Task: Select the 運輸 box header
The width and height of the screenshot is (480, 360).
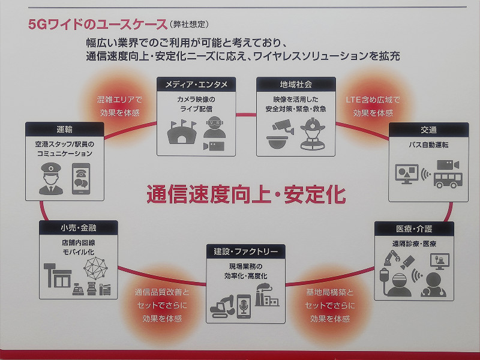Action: click(x=65, y=130)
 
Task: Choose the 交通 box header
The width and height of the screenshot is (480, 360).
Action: click(x=428, y=130)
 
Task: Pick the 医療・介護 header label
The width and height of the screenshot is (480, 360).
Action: click(x=414, y=229)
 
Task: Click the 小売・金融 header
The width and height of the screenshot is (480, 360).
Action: click(x=78, y=228)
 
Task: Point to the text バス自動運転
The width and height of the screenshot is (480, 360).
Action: click(x=428, y=145)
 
